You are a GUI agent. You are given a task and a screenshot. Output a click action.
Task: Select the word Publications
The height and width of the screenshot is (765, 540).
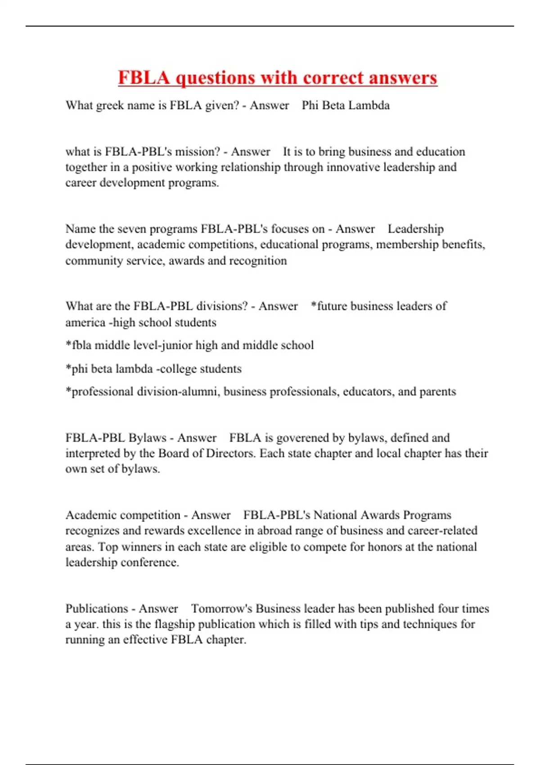pyautogui.click(x=97, y=609)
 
